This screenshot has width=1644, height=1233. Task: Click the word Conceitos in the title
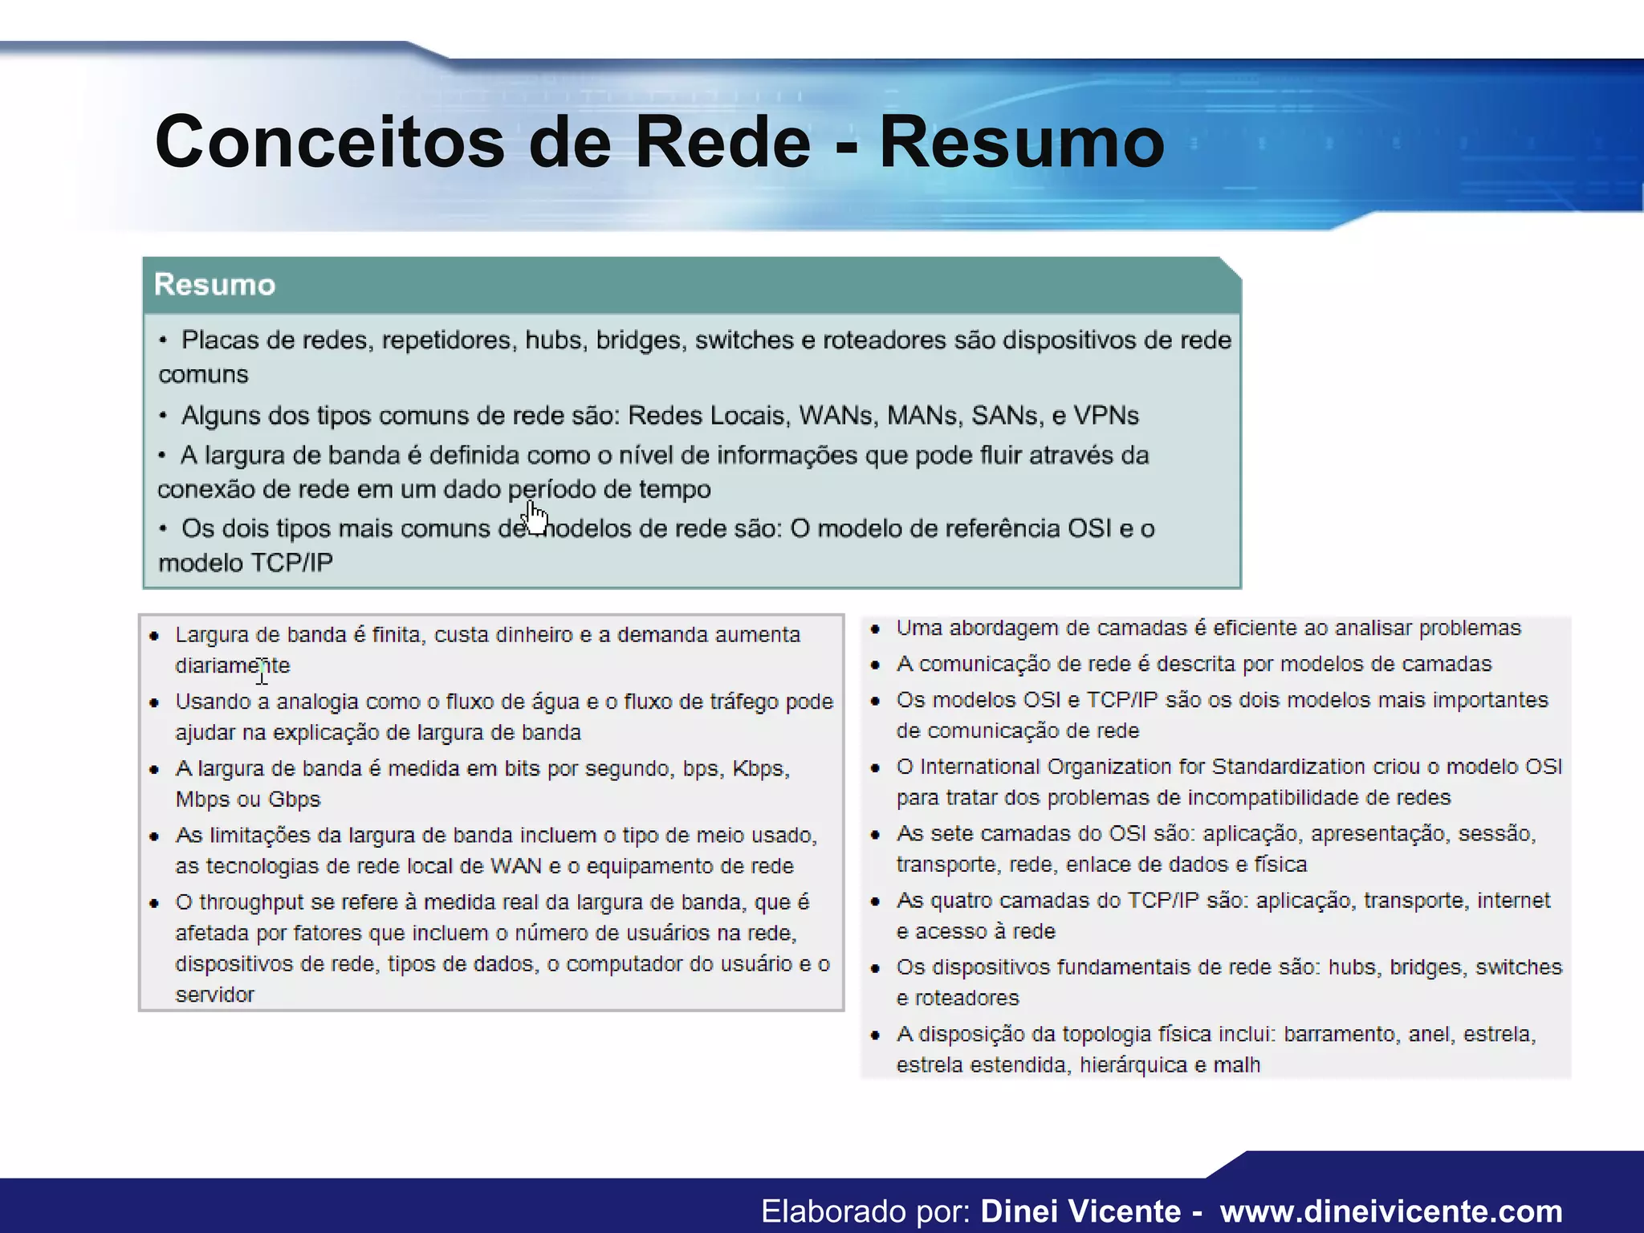point(329,142)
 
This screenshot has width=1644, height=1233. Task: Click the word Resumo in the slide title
point(1021,142)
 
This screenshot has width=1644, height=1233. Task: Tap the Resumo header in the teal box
point(214,285)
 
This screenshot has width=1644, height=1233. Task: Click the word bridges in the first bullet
point(640,340)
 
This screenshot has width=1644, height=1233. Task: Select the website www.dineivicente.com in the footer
point(1391,1211)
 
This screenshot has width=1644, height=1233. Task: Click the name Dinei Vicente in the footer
point(1080,1211)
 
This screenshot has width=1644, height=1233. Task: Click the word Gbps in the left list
point(294,800)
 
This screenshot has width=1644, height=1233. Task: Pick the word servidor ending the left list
point(214,995)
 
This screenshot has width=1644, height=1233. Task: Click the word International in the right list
point(979,767)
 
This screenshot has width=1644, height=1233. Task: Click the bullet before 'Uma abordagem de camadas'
point(876,629)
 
